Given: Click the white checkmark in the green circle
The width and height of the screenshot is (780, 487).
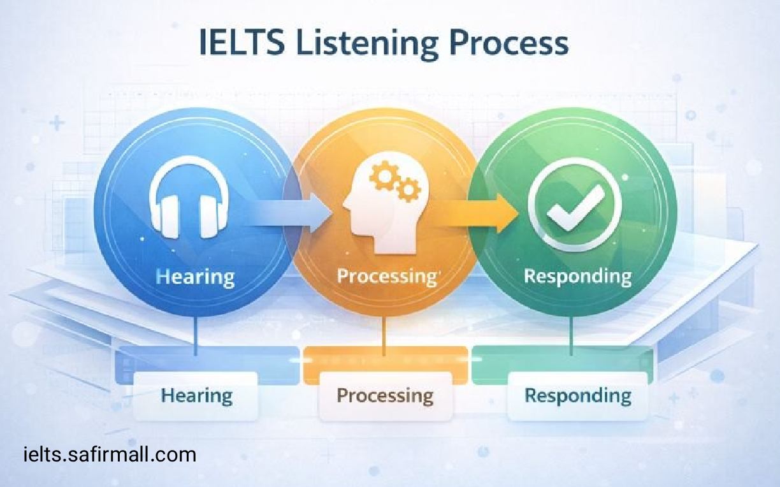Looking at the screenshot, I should coord(573,205).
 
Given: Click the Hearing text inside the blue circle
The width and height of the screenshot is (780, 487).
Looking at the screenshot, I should coord(195,277).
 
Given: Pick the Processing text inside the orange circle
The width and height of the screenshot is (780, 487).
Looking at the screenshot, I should coord(385,277).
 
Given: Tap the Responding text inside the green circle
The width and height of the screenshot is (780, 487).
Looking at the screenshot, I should coord(577,277).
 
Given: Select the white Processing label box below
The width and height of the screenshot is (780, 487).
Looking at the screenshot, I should coord(385,396).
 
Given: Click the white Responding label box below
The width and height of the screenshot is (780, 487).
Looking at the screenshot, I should coord(577,396).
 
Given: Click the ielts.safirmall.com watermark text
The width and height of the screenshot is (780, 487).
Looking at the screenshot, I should coord(109,454).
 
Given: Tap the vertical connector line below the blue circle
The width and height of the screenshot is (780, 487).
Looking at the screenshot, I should coord(196,335).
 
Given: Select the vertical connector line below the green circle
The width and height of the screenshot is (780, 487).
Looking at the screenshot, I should coord(571,335).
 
